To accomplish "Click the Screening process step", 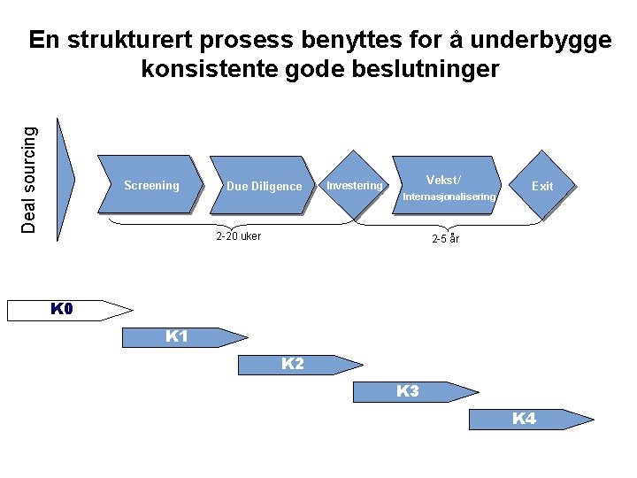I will pos(151,186).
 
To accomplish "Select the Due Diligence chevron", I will pos(264,186).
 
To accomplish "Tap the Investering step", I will pos(355,186).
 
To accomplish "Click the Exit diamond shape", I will pos(541,186).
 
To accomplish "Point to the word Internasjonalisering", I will pos(449,197).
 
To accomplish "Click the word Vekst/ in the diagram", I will pos(443,179).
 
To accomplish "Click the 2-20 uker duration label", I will pos(239,236).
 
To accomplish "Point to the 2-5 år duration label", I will pos(445,238).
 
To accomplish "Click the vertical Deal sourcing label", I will pos(30,180).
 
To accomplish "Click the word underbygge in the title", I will pos(541,41).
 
